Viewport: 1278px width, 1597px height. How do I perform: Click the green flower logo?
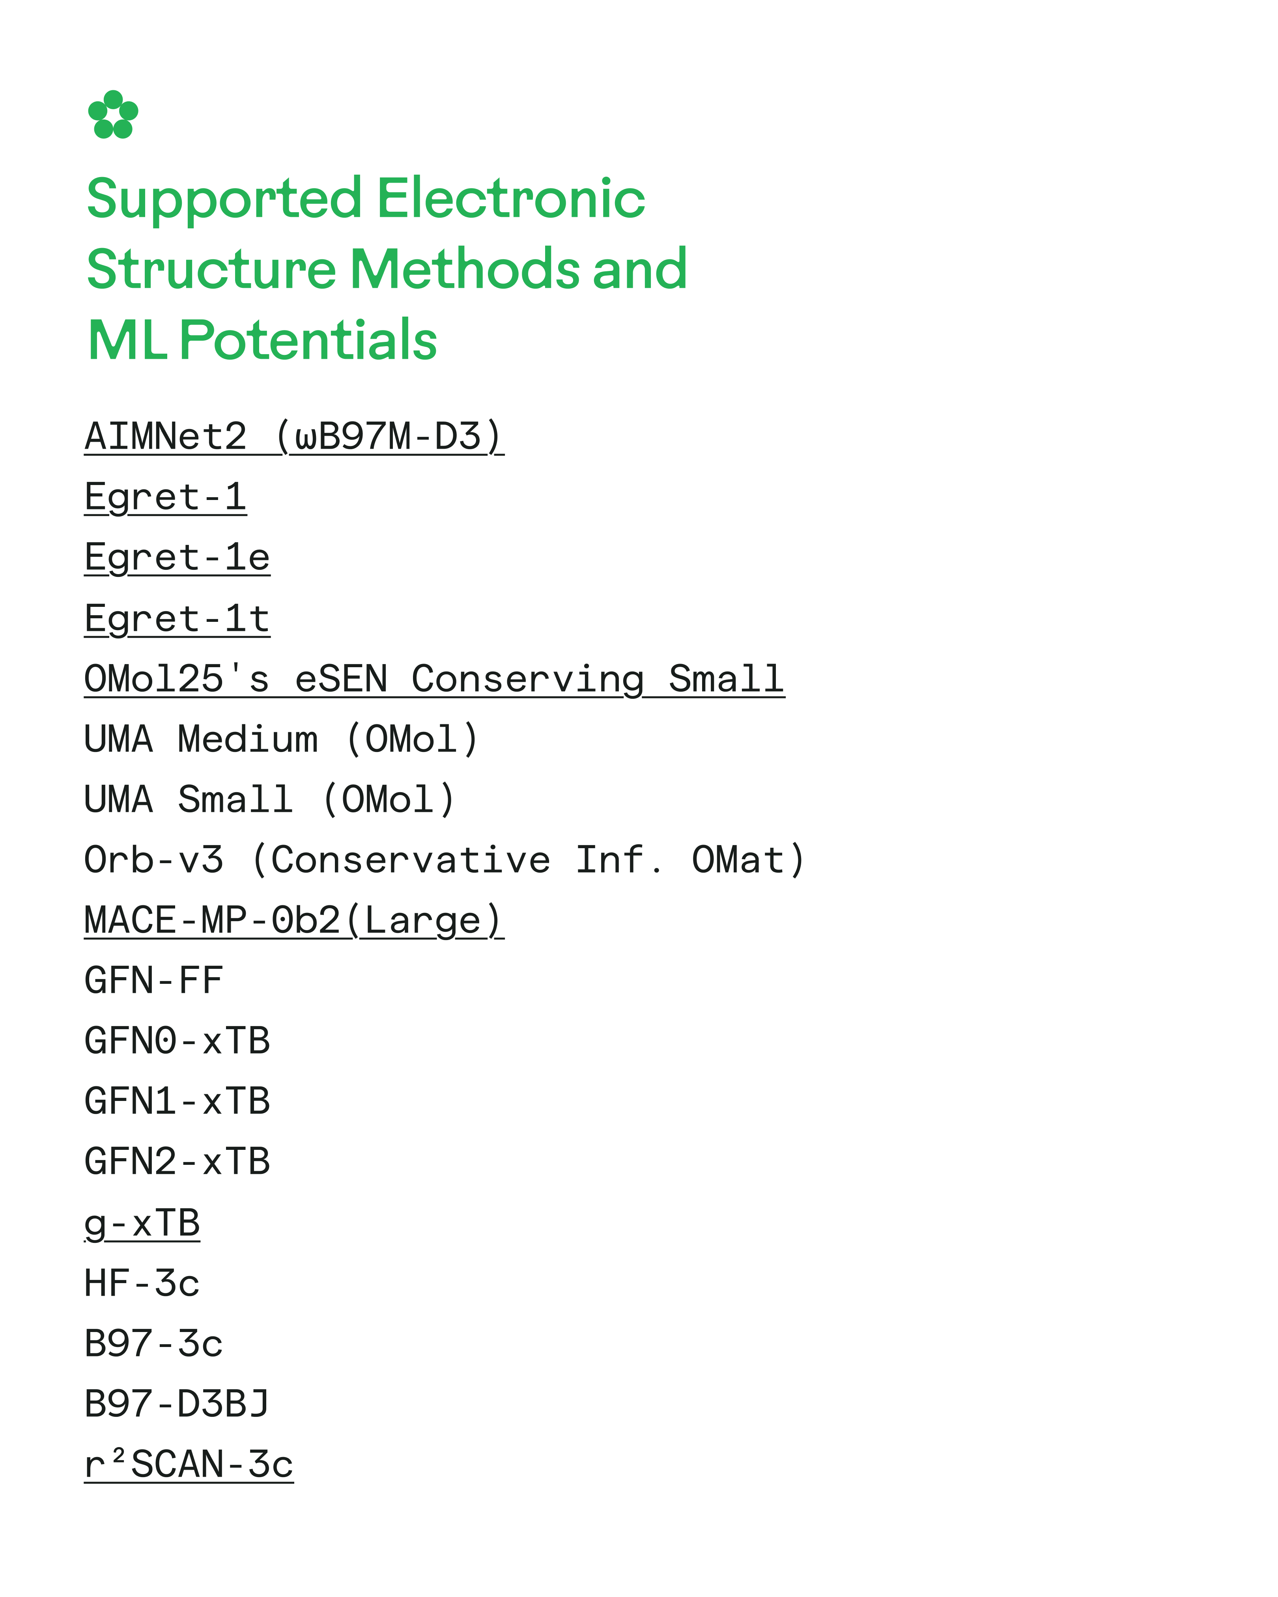[x=112, y=115]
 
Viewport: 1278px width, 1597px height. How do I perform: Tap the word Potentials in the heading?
[x=308, y=340]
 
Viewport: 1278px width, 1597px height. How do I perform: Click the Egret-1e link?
[x=177, y=558]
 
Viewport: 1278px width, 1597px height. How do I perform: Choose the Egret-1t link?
[x=177, y=619]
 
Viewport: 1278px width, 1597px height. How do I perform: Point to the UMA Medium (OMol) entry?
[x=282, y=739]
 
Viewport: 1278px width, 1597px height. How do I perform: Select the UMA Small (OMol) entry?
[x=270, y=800]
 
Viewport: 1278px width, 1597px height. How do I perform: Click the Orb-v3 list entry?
[x=445, y=860]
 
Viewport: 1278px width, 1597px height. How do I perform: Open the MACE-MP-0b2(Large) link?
[x=294, y=921]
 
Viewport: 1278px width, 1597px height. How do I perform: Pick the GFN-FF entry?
[x=153, y=981]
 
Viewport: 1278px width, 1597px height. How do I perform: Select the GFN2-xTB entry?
[x=177, y=1161]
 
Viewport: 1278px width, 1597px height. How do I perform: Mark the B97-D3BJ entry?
[x=177, y=1404]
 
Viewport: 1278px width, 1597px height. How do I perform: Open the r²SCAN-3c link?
[x=189, y=1465]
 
